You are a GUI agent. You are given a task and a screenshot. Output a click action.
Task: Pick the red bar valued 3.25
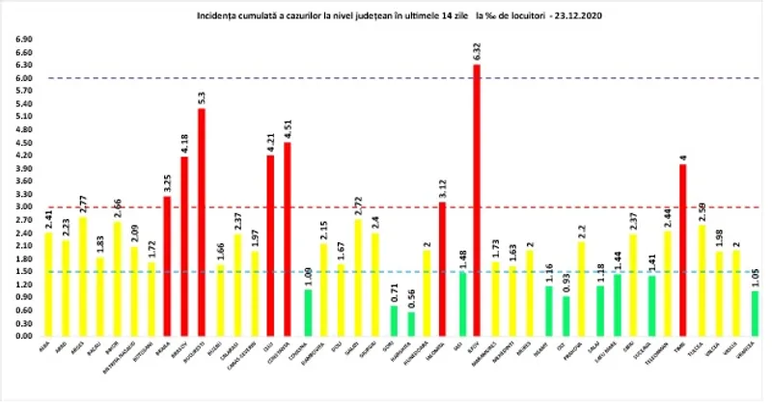coord(166,266)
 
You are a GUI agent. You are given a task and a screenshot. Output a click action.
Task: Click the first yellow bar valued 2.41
coord(47,284)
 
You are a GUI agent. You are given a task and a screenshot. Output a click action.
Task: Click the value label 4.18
coord(183,144)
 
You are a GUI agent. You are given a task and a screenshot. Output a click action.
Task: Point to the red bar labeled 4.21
coord(270,245)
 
